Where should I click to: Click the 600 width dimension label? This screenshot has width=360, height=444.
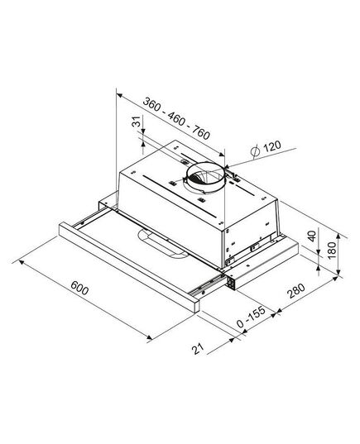pos(79,288)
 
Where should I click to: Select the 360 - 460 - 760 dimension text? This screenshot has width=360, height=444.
pos(176,118)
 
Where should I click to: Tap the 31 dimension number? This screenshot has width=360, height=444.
pos(137,122)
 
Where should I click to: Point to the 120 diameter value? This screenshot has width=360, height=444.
pos(272,146)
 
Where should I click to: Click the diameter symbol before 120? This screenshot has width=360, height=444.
pos(255,151)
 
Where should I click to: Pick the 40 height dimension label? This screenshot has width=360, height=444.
pos(312,236)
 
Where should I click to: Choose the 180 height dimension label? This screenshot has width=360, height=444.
pos(331,250)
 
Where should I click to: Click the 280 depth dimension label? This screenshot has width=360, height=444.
pos(296,291)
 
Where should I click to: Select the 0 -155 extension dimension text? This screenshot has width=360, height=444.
pos(251,317)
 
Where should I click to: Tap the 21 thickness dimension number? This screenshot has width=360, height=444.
pos(198,349)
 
